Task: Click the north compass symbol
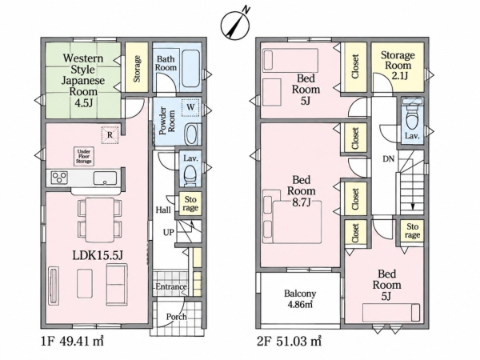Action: click(235, 23)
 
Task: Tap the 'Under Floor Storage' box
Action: click(84, 157)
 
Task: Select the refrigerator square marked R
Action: click(110, 135)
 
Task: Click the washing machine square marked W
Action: click(190, 107)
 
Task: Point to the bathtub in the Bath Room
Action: click(191, 69)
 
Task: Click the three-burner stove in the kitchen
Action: click(59, 178)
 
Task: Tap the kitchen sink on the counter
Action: click(105, 178)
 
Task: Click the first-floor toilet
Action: click(190, 174)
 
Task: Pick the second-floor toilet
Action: click(412, 117)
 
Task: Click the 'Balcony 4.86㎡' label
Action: click(300, 298)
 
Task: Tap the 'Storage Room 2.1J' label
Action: click(398, 66)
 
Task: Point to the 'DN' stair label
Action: click(389, 159)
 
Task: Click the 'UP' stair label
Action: click(168, 233)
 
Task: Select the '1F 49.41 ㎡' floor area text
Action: click(72, 341)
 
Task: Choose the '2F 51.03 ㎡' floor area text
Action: click(289, 341)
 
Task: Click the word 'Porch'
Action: click(176, 317)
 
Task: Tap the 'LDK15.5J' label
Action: click(98, 255)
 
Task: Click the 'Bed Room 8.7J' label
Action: click(302, 191)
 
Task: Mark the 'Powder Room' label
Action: click(167, 121)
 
